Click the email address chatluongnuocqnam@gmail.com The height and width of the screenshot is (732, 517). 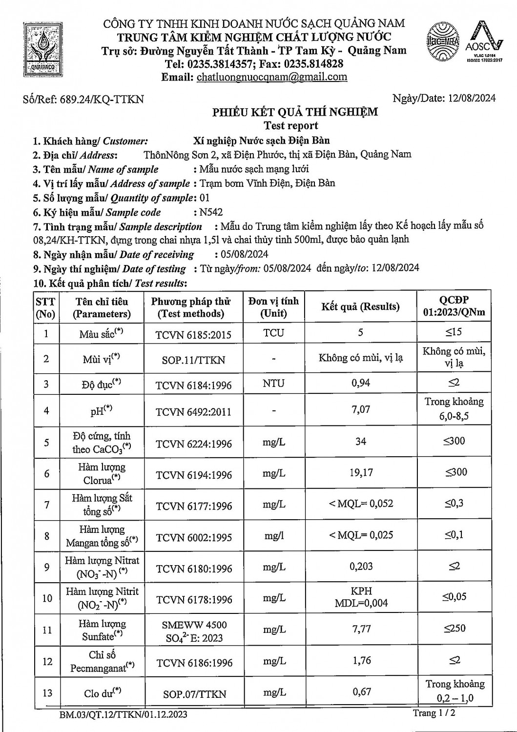(x=272, y=77)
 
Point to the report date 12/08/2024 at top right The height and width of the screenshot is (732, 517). (x=471, y=98)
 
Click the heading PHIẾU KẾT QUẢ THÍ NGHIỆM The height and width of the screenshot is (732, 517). (x=295, y=112)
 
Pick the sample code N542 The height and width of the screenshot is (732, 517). (x=211, y=212)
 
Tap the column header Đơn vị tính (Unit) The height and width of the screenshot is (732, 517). (x=273, y=307)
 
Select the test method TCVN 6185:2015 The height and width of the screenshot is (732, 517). (x=193, y=335)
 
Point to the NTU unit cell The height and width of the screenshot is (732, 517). (x=273, y=383)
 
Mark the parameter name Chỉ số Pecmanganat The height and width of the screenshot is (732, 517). (x=102, y=661)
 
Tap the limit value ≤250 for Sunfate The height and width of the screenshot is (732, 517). (x=454, y=628)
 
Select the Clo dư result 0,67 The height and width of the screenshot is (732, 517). (x=361, y=691)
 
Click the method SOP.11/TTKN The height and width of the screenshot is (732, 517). (x=193, y=360)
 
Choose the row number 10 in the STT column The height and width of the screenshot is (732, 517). (x=46, y=598)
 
